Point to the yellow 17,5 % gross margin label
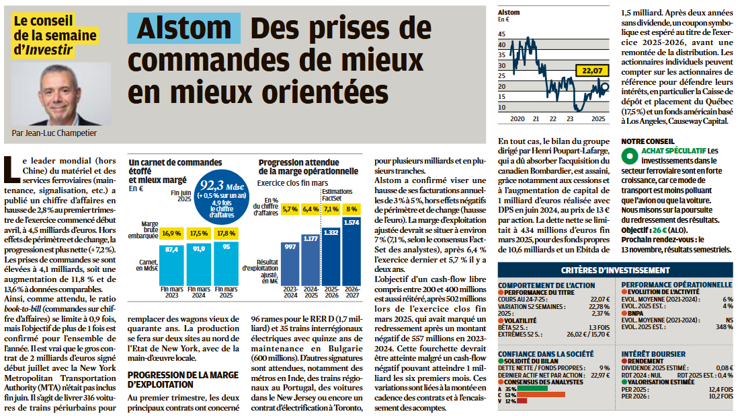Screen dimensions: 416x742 point(200,233)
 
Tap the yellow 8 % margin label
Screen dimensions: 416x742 point(352,209)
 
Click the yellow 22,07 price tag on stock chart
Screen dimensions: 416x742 point(592,69)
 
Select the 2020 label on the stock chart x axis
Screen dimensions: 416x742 point(516,119)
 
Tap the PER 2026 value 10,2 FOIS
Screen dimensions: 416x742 point(720,396)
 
